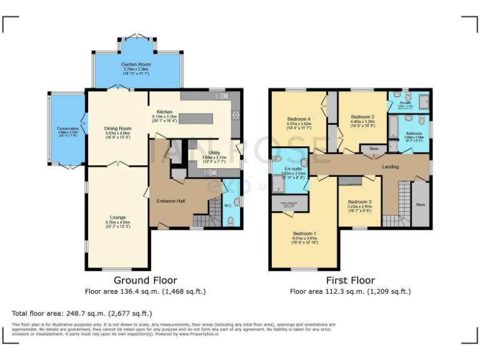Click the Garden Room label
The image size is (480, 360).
point(136,64)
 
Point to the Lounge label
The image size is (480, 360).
point(117,217)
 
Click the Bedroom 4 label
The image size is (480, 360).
point(299,119)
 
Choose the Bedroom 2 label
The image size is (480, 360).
point(362,117)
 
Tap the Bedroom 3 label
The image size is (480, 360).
point(359,202)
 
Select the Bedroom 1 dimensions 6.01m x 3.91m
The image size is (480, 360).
point(306,238)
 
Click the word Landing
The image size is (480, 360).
point(390,166)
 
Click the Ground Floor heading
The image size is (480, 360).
point(145,281)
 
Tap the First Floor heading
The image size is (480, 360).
point(350,281)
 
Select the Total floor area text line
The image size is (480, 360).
point(82,312)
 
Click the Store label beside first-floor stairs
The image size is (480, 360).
point(420,204)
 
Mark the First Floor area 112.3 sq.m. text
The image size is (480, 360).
point(350,291)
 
